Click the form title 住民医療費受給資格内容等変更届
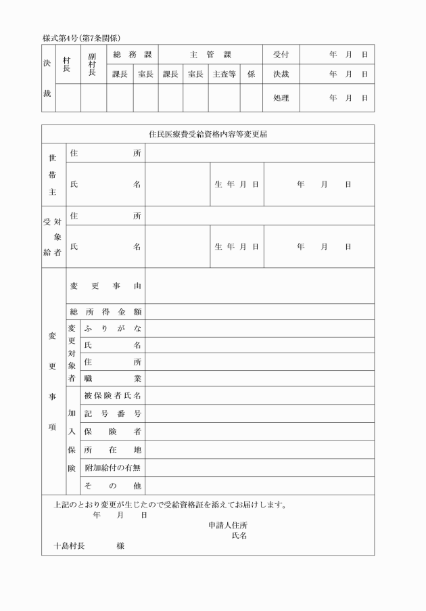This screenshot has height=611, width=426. [x=208, y=134]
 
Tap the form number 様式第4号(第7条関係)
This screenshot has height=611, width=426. [x=82, y=38]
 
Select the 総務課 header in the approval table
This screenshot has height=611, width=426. [x=133, y=54]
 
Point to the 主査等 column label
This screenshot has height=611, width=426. [x=224, y=74]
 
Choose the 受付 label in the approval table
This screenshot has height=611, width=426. [x=281, y=54]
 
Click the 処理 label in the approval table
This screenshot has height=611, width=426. [x=281, y=98]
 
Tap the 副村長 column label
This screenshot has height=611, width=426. [x=93, y=64]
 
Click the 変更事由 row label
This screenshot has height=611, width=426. [x=105, y=286]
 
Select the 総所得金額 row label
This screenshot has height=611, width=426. [x=105, y=312]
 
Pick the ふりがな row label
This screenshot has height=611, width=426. [x=112, y=328]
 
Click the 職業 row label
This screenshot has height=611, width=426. [x=112, y=378]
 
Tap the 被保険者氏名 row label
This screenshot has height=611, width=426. [x=112, y=395]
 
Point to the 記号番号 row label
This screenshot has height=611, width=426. [x=112, y=413]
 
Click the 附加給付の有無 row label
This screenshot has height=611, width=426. [x=112, y=468]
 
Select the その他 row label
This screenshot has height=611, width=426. [x=112, y=486]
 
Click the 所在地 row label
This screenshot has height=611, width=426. [x=112, y=449]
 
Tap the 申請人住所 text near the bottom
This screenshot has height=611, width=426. [x=228, y=525]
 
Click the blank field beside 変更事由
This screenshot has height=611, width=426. [x=260, y=286]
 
